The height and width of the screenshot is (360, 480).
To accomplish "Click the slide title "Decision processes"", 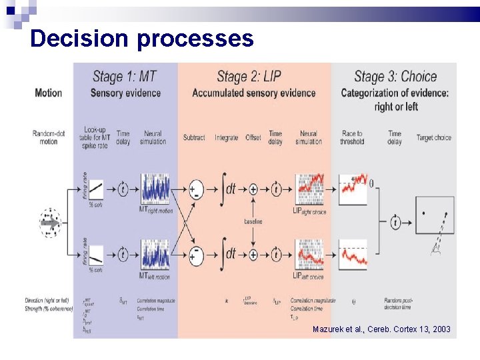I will tap(141, 38).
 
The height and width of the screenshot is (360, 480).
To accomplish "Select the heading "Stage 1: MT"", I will tap(125, 77).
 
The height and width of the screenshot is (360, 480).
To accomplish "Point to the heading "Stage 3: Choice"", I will tap(395, 77).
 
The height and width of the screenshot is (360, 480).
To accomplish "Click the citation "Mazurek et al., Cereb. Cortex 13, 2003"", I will tap(381, 329).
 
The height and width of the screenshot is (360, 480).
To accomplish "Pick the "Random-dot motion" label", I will tap(49, 137).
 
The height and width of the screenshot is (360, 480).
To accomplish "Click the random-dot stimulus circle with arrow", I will tap(49, 223).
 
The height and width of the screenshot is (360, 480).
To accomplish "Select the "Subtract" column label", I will tap(194, 138).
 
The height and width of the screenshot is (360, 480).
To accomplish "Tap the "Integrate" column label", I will tap(227, 138).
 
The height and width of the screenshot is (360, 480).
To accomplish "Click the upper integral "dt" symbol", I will tap(229, 189).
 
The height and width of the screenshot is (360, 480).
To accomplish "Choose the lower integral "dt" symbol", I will tap(229, 254).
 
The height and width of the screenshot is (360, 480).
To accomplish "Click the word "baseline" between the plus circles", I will tap(253, 221).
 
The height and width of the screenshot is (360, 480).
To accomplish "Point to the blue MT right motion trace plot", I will tap(155, 189).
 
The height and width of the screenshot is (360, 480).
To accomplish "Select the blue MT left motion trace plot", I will tap(155, 254).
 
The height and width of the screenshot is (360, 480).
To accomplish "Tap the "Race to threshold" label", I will tap(351, 137).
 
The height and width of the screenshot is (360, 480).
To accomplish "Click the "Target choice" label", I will tap(434, 138).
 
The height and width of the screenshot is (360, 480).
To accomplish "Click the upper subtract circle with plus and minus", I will tap(195, 189).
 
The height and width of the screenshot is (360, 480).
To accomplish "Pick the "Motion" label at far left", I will tap(48, 93).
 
